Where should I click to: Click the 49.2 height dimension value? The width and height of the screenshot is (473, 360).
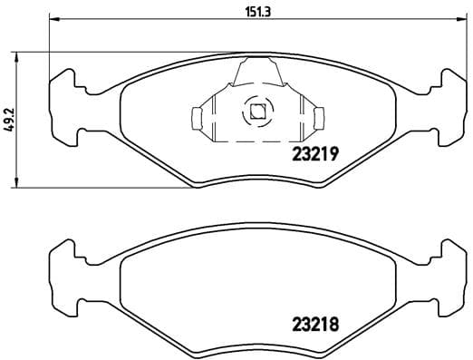click(11, 120)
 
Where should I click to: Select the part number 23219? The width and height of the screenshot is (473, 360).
click(315, 154)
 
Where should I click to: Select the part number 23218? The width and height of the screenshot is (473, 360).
click(315, 325)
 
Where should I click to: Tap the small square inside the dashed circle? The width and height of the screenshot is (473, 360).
click(257, 111)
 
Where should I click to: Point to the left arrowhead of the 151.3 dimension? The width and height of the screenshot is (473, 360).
click(55, 19)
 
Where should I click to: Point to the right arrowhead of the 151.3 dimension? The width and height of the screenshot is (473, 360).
click(460, 19)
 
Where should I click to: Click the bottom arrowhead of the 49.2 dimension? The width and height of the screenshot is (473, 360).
click(16, 182)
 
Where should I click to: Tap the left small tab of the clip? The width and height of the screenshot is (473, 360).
click(197, 119)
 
